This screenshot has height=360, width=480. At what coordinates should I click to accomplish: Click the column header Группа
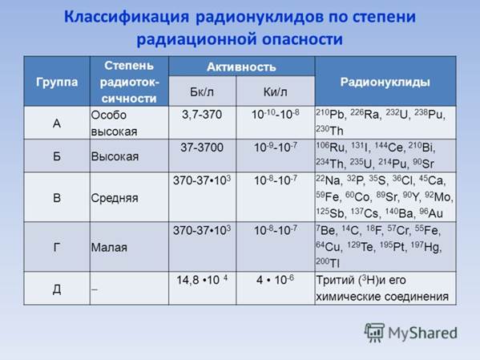tap(57, 82)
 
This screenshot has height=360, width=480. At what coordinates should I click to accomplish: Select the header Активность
tap(241, 67)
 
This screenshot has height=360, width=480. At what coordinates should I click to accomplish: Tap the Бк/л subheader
tap(202, 91)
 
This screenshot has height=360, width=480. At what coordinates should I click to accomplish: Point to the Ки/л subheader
tap(275, 91)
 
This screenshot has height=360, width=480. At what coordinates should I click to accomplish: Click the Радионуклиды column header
tap(385, 82)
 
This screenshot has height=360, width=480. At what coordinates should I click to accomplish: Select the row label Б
tap(57, 156)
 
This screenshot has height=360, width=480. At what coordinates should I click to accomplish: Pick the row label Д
tap(57, 289)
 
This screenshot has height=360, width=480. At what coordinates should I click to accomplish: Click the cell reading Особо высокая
tap(114, 123)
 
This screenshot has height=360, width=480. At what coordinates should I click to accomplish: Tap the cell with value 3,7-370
tap(202, 115)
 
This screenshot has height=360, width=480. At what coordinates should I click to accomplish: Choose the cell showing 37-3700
tap(202, 148)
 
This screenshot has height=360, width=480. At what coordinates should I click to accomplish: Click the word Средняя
tap(115, 198)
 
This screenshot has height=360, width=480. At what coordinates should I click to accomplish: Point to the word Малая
tap(109, 248)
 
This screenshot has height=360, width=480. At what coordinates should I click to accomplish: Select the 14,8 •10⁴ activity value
tap(202, 280)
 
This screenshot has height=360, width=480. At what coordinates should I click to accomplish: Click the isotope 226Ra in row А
tap(365, 114)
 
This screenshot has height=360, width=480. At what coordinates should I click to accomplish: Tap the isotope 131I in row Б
tap(359, 147)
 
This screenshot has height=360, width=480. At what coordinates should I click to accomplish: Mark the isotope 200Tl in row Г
tap(328, 262)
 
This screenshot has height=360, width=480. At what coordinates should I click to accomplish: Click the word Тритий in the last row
tap(335, 280)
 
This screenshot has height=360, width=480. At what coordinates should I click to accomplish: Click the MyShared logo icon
tap(374, 333)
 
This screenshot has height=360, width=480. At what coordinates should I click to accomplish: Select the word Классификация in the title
tap(127, 17)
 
